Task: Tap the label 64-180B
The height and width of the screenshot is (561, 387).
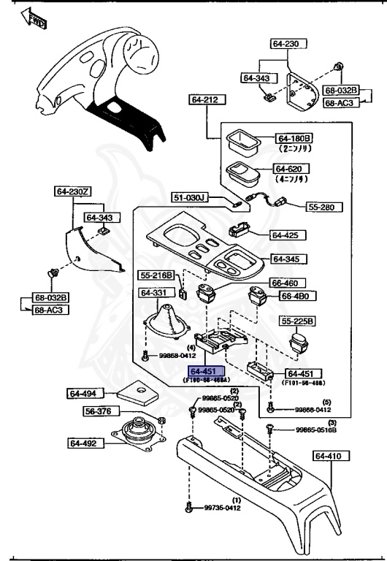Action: point(294,138)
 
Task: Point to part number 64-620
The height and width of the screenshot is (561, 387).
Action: point(294,169)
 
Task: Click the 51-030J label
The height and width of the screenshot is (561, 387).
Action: point(191,198)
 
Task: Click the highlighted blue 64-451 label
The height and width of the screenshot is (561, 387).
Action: point(207,371)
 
